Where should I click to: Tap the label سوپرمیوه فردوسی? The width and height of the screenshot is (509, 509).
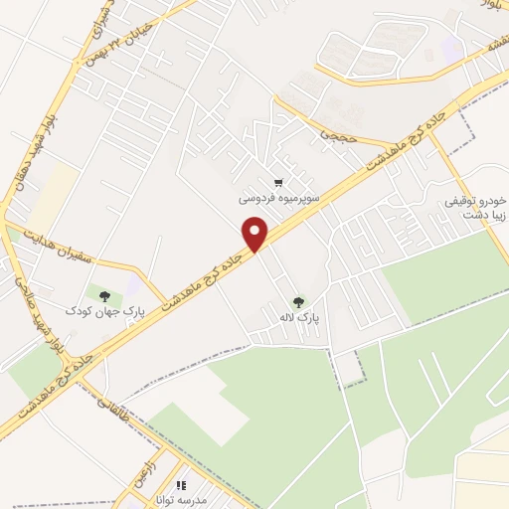click(279, 199)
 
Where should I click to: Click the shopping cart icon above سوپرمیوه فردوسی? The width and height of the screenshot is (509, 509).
click(279, 183)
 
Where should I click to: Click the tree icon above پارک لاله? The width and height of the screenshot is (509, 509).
click(297, 302)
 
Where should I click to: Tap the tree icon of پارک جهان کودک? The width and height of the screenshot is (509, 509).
click(102, 294)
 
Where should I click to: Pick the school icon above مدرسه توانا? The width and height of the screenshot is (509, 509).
click(182, 485)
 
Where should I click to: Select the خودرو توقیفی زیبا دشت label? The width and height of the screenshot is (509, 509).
click(476, 207)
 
